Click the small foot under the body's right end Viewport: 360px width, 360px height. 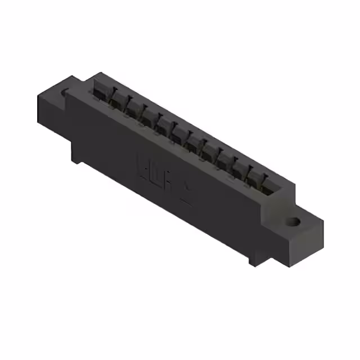[x=251, y=259]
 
